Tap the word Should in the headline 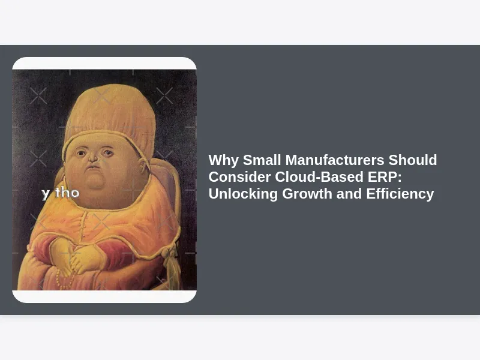pos(413,160)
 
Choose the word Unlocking pos(243,194)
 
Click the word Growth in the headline pos(307,193)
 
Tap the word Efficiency pos(400,194)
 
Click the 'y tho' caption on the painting pos(61,193)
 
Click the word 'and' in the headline pos(349,193)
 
